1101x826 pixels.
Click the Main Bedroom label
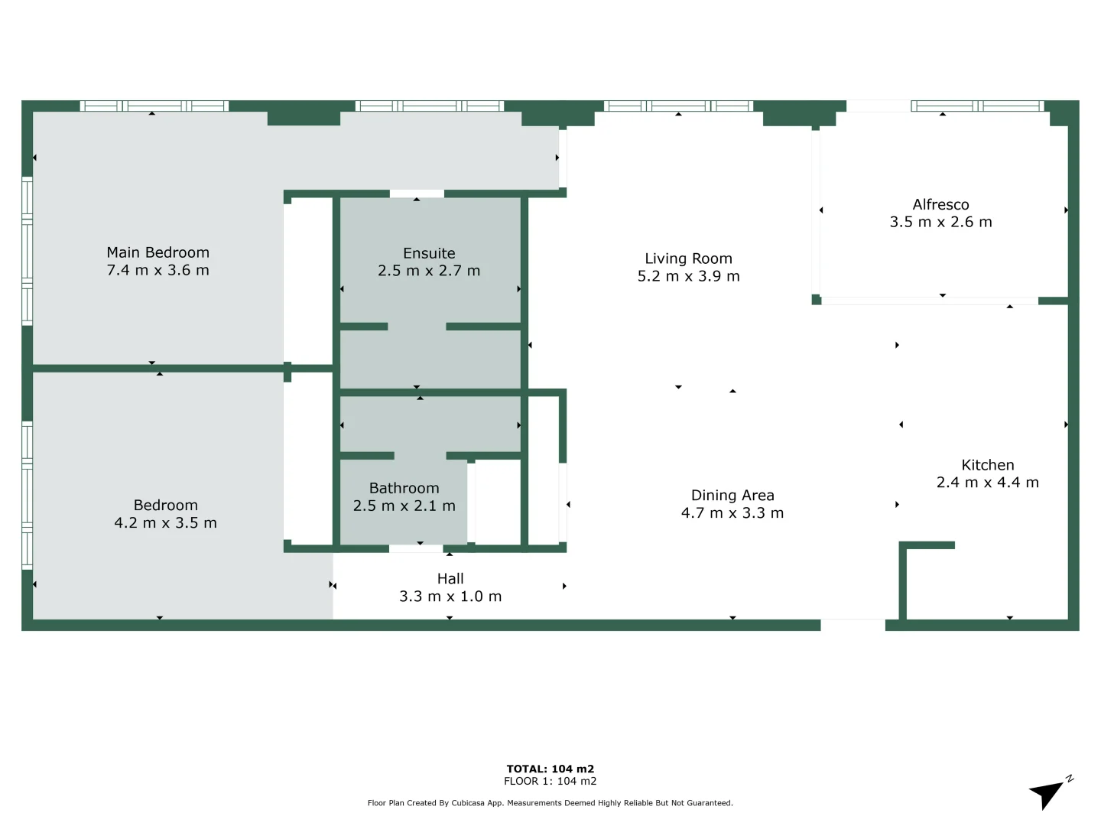click(x=158, y=252)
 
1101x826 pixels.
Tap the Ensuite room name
click(x=429, y=253)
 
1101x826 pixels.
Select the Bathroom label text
click(x=404, y=488)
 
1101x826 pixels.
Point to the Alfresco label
click(x=940, y=204)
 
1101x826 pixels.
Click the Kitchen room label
click(x=987, y=465)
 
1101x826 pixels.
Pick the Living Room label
click(x=688, y=259)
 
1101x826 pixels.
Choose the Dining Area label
click(x=732, y=496)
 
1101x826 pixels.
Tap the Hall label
click(x=450, y=579)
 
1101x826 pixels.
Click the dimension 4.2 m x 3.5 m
click(x=165, y=523)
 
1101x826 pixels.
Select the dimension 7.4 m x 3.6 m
click(x=158, y=270)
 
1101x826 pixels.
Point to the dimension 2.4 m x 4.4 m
click(x=987, y=483)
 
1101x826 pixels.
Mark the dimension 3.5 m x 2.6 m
click(x=940, y=222)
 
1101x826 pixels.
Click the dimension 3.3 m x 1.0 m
click(x=450, y=597)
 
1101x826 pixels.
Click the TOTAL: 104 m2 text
click(x=550, y=769)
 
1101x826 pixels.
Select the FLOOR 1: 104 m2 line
click(x=550, y=781)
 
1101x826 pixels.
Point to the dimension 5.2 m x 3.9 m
click(x=688, y=276)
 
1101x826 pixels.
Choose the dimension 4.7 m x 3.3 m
click(x=732, y=513)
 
